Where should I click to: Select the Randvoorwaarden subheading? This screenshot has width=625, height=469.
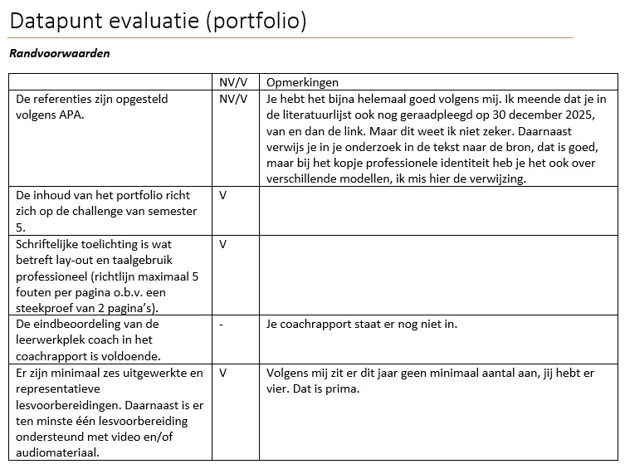[x=59, y=53]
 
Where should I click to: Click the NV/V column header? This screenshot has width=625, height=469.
[x=233, y=82]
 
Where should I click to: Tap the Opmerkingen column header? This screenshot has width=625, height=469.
[x=302, y=82]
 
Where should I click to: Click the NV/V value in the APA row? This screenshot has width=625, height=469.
[x=233, y=99]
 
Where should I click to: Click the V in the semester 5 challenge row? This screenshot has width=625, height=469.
[x=223, y=195]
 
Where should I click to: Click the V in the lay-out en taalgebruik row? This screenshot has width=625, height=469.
[x=223, y=244]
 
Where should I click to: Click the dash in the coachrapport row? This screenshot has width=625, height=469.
[x=222, y=324]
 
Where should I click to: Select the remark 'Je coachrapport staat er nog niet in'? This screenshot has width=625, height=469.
[x=361, y=324]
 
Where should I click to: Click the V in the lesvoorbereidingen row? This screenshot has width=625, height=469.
[x=223, y=373]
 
